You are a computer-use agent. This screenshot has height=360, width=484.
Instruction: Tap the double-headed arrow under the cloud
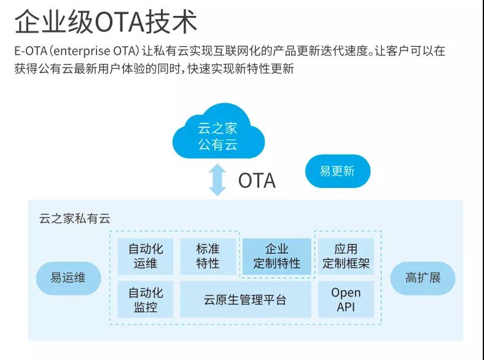[217, 179]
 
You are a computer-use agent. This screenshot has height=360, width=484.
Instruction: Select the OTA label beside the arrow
[257, 181]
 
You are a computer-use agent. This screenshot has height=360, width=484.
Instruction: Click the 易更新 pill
[338, 171]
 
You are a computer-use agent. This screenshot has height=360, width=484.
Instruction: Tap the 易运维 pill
[68, 278]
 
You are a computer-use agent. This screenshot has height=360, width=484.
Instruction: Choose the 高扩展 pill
[423, 278]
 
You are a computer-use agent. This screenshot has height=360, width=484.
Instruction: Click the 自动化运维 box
[146, 256]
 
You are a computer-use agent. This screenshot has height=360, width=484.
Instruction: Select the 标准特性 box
[208, 256]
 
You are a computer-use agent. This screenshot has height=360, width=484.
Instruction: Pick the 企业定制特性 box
[276, 256]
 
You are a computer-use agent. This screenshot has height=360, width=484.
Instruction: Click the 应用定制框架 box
[346, 256]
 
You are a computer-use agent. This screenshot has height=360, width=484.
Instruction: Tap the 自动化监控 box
[146, 299]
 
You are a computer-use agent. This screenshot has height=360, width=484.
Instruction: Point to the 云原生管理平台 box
[246, 299]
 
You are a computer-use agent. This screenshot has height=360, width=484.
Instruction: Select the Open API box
[346, 299]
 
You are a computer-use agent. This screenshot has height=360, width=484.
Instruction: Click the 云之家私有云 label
[75, 219]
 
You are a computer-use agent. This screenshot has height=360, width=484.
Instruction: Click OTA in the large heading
[120, 22]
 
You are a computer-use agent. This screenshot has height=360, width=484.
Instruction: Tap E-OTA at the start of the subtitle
[31, 51]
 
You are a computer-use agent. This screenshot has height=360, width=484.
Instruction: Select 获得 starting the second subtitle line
[26, 69]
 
